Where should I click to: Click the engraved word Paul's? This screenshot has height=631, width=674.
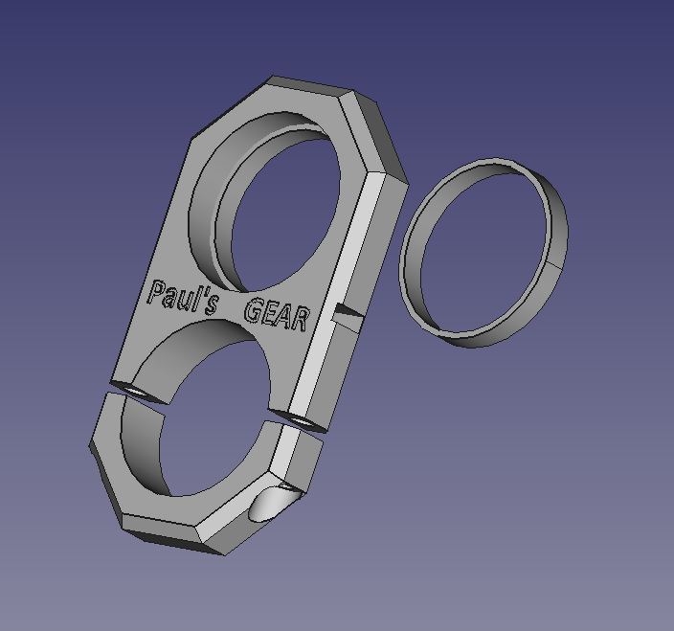click(x=182, y=298)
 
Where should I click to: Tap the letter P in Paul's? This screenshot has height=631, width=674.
click(x=156, y=292)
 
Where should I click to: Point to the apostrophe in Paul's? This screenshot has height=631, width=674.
click(x=200, y=296)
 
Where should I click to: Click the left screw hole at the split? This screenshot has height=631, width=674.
click(x=129, y=389)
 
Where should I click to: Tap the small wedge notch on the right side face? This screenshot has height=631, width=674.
click(x=347, y=310)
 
